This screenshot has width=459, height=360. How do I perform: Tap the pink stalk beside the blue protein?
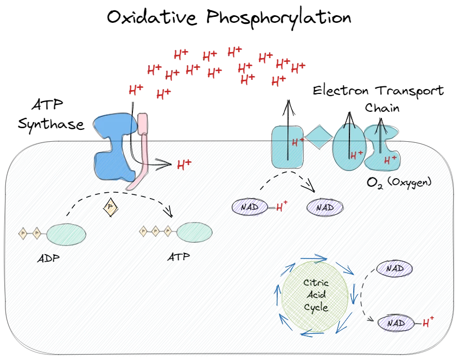tap(142, 147)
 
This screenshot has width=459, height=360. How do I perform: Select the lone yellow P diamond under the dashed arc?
tap(111, 207)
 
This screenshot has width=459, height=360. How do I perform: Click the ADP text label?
tap(49, 258)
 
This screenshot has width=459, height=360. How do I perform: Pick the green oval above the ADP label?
tap(66, 233)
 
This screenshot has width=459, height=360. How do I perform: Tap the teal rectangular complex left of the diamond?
tap(286, 146)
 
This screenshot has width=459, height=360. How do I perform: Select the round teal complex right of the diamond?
tap(348, 147)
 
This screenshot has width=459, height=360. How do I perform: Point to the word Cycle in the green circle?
tap(316, 307)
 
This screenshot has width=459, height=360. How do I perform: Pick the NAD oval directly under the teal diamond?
tap(325, 207)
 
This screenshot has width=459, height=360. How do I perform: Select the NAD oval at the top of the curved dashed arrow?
tap(394, 268)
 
